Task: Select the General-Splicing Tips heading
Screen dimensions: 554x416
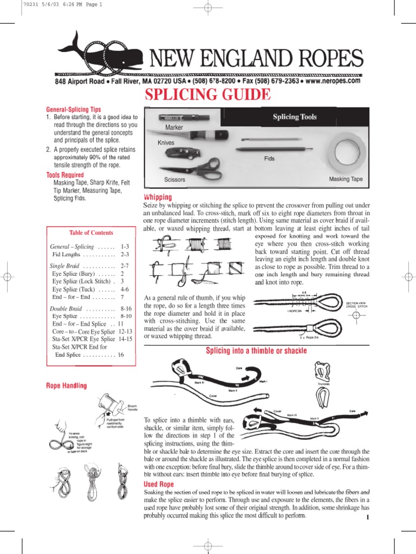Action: coord(73,109)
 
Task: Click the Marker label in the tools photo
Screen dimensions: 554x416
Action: coord(171,127)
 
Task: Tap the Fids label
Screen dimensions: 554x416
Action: coord(270,159)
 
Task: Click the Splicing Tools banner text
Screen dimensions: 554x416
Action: coord(295,117)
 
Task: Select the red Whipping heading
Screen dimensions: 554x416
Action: coord(157,197)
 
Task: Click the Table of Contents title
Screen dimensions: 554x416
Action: coord(91,233)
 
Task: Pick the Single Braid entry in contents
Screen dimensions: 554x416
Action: coord(64,266)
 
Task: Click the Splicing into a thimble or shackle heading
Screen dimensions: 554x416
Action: coord(256,351)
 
